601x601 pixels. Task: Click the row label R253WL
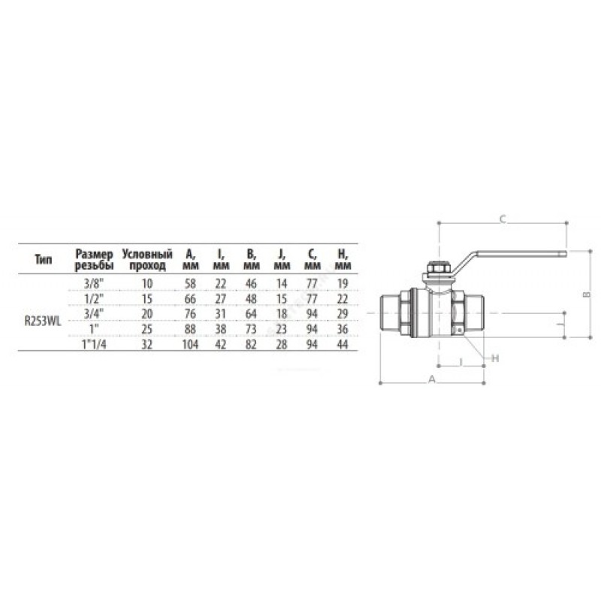(x=43, y=322)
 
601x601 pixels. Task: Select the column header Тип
(x=44, y=259)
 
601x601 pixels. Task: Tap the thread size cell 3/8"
(x=94, y=284)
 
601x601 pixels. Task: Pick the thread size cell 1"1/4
(x=94, y=344)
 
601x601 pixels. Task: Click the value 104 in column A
(x=190, y=344)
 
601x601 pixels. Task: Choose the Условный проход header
(x=147, y=259)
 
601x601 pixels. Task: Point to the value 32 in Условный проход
(x=147, y=344)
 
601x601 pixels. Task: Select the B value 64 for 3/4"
(x=251, y=314)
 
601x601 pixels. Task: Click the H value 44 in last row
(x=343, y=344)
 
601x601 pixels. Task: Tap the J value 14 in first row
(x=282, y=284)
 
